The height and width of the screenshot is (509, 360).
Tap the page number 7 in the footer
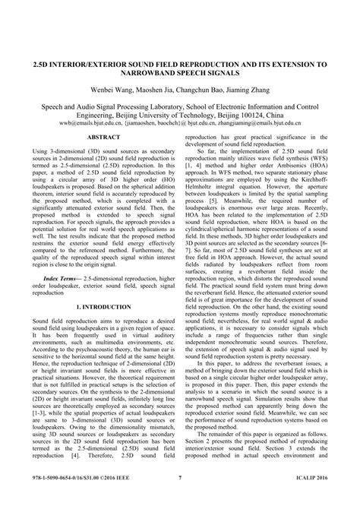tap(180, 498)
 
